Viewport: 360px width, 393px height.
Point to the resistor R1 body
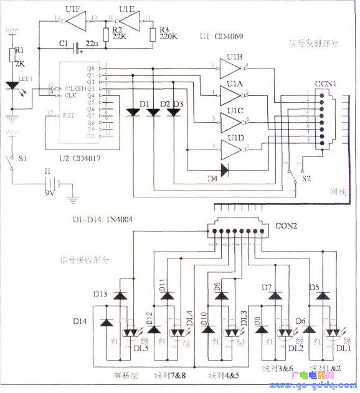[x=11, y=55]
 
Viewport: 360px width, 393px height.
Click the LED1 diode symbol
[x=12, y=86]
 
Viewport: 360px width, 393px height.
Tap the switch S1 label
[x=22, y=160]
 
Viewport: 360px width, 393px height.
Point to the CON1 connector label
[x=324, y=83]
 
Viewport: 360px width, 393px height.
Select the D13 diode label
[x=101, y=294]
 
